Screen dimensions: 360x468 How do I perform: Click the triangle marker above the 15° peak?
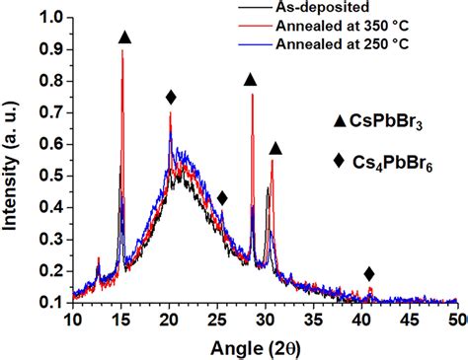point(124,37)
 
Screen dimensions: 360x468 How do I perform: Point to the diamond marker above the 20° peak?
point(171,97)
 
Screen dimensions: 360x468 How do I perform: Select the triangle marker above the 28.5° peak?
point(251,79)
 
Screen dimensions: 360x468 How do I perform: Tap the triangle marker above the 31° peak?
point(275,149)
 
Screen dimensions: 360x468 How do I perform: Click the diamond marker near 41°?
point(369,274)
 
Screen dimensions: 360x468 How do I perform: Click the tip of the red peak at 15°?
point(122,51)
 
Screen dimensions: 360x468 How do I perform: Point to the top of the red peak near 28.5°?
point(252,95)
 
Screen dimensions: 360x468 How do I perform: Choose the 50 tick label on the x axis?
point(456,321)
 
